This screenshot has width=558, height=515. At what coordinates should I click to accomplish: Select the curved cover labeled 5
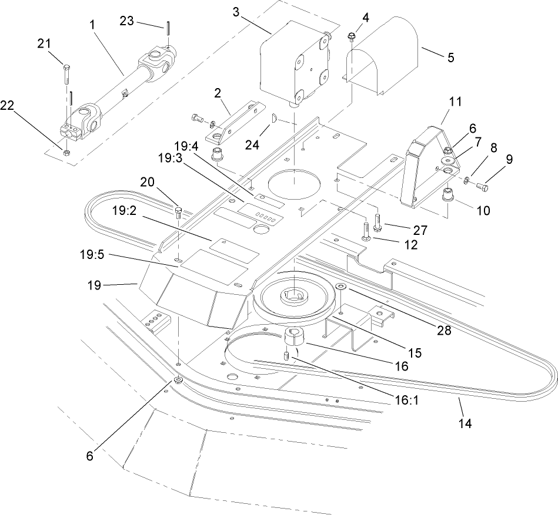(x=382, y=56)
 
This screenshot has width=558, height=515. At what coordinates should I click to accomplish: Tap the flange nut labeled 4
(x=351, y=36)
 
